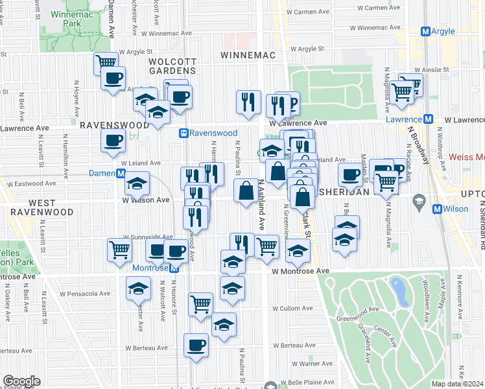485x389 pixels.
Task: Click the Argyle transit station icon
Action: point(425,31)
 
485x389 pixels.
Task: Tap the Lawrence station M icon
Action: point(428,119)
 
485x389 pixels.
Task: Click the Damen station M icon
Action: point(121,174)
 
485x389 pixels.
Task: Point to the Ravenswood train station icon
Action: point(184,133)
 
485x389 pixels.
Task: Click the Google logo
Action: point(21,381)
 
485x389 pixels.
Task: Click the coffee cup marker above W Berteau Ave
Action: point(196,345)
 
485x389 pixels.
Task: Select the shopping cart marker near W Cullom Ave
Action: point(201,303)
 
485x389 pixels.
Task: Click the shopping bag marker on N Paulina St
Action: point(246,191)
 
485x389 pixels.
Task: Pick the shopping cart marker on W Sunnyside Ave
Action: point(119,249)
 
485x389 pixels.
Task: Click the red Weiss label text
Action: point(466,158)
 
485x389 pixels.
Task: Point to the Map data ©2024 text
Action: point(458,384)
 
